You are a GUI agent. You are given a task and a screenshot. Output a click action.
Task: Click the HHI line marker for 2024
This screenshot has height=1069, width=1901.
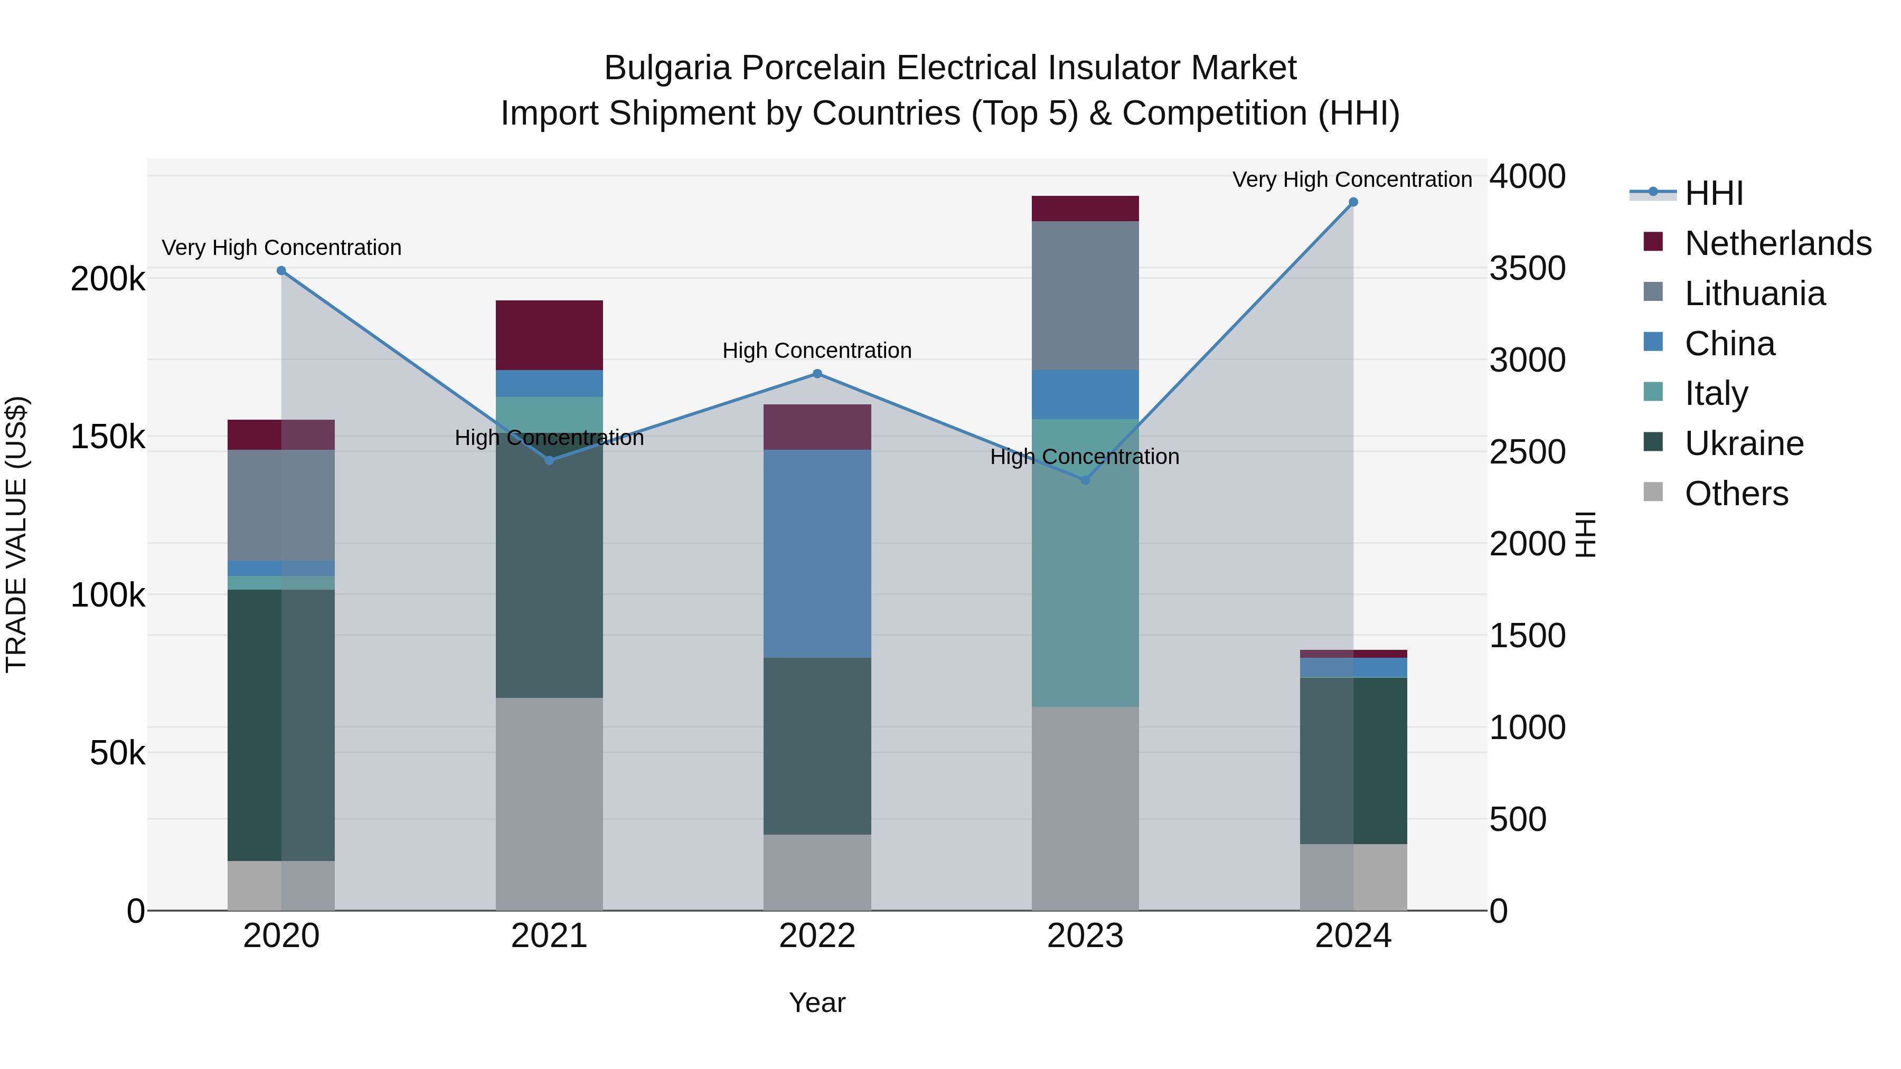[1353, 202]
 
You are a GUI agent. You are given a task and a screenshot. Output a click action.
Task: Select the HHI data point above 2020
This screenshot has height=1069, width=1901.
[281, 271]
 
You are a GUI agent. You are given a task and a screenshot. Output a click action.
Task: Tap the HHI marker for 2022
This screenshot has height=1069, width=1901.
[817, 374]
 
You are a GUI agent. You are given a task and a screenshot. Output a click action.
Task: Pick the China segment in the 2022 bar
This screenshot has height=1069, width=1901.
[817, 553]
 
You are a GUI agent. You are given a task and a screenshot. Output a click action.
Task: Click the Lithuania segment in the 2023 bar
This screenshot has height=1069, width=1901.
[1085, 295]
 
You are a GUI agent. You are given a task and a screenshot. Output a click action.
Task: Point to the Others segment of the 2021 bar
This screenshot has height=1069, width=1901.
[549, 803]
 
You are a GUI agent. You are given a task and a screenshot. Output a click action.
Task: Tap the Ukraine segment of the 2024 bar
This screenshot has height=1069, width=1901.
[1353, 760]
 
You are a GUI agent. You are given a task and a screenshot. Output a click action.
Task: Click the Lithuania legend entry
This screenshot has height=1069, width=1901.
[1755, 294]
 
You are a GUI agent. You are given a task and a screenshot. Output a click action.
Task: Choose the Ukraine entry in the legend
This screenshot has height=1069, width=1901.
[1744, 443]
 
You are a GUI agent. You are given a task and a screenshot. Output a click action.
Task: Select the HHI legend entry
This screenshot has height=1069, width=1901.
[1714, 193]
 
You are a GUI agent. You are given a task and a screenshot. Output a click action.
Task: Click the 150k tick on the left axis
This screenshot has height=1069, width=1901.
[108, 437]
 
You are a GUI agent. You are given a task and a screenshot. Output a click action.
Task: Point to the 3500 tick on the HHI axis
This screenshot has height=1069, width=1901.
[1527, 269]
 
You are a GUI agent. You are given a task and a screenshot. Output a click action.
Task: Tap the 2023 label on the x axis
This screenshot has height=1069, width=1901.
[1085, 936]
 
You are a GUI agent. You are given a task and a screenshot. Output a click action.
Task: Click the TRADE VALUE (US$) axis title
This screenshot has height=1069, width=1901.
[16, 534]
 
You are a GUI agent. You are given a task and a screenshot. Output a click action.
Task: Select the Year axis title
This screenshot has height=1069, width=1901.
[817, 1002]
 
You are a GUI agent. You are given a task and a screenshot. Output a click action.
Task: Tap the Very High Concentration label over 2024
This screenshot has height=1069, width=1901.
[1351, 179]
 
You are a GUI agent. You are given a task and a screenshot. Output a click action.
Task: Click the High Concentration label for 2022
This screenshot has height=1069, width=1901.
[817, 351]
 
